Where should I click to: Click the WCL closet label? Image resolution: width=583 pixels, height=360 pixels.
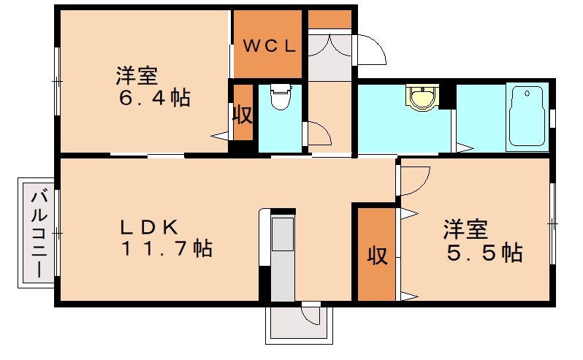pos(268,46)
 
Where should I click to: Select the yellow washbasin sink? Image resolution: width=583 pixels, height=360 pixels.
pos(422,96)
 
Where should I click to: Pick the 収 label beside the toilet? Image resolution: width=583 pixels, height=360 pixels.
pos(243,115)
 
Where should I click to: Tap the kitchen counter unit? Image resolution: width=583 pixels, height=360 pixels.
pos(282,256)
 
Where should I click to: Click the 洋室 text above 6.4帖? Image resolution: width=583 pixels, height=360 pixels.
pos(138,75)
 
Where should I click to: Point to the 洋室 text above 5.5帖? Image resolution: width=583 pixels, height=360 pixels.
pos(465,229)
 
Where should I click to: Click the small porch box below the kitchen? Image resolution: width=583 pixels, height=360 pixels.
pos(298,323)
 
